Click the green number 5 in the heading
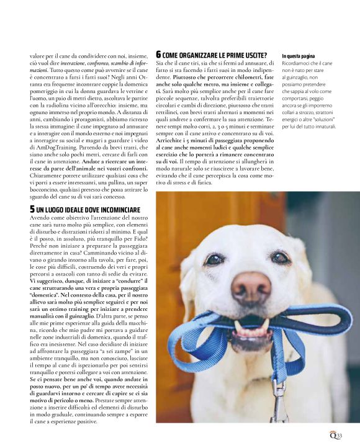click(x=32, y=209)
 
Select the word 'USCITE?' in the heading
click(x=253, y=56)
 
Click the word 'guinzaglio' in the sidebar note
click(x=300, y=79)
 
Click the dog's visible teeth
click(x=251, y=326)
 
